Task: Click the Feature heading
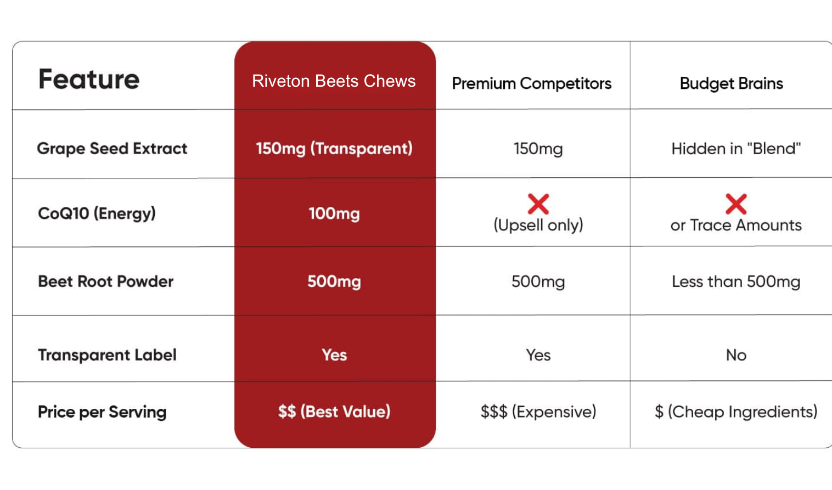(89, 79)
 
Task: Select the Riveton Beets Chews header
(334, 81)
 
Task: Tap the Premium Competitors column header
(531, 84)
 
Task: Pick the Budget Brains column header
(732, 84)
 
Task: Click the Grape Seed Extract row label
(112, 149)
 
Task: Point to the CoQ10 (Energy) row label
(97, 213)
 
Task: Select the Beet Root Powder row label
(106, 281)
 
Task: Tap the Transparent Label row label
(108, 355)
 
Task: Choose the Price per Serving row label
(102, 412)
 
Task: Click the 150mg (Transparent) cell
(334, 149)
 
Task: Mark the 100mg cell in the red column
(334, 213)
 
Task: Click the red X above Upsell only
(538, 204)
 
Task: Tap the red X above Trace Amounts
(736, 204)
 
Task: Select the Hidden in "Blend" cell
(736, 149)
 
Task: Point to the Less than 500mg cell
(736, 281)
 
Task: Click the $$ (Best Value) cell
(334, 412)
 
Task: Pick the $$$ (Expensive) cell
(538, 412)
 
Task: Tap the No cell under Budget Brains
(736, 355)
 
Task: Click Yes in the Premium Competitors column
(538, 355)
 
